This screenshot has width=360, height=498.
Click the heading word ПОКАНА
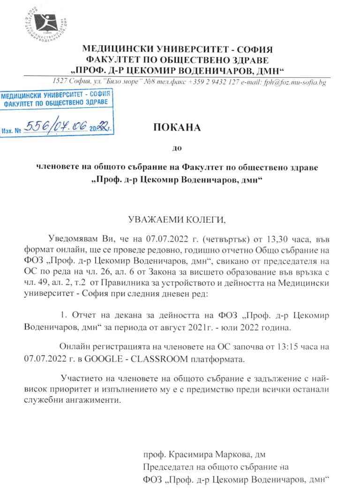pyautogui.click(x=175, y=128)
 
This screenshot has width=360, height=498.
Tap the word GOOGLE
pyautogui.click(x=104, y=360)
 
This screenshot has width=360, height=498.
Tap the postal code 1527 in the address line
pyautogui.click(x=60, y=83)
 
